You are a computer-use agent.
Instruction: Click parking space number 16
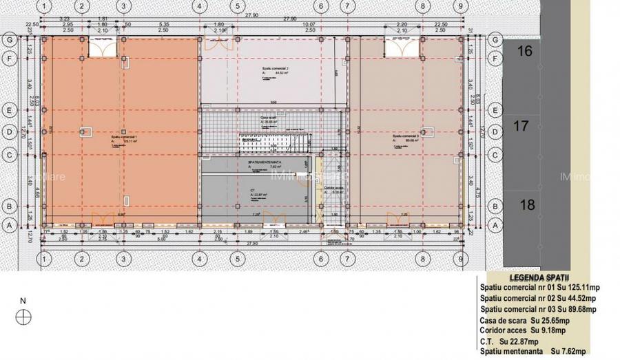525,51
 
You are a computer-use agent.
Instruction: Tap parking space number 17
521,126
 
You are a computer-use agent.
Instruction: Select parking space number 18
527,204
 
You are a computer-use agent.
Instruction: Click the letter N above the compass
23,301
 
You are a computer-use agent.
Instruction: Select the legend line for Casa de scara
525,320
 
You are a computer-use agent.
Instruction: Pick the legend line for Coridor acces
522,330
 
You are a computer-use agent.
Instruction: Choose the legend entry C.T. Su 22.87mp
510,341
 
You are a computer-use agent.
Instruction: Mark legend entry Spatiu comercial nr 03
539,309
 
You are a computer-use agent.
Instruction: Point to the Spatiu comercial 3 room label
406,137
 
